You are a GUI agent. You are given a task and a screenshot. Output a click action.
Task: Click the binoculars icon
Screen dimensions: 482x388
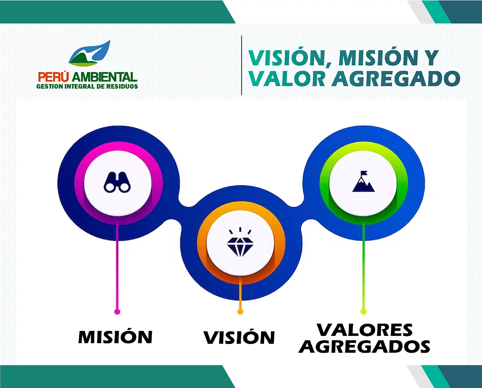(x=117, y=182)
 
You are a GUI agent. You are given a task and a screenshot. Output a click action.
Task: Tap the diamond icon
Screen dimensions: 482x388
(x=240, y=242)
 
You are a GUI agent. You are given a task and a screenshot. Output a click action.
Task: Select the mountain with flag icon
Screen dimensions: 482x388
(x=363, y=181)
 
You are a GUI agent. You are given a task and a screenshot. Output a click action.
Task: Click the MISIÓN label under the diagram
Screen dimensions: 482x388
(x=115, y=336)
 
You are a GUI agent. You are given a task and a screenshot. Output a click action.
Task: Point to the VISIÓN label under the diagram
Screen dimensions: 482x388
(x=239, y=337)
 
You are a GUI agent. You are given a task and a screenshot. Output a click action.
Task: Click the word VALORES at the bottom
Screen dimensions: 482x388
(x=365, y=330)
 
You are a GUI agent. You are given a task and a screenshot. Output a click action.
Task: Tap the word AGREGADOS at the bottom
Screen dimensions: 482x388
(x=364, y=346)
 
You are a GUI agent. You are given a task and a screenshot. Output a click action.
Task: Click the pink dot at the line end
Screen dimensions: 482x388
(x=117, y=312)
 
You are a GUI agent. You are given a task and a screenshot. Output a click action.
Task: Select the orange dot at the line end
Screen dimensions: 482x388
(x=240, y=312)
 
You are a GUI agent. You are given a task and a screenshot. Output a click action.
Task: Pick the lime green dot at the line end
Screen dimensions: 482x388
(x=364, y=312)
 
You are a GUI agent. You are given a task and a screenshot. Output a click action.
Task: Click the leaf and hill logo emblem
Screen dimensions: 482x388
(x=89, y=53)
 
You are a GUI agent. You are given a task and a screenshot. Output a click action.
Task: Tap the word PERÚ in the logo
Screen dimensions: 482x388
(x=53, y=77)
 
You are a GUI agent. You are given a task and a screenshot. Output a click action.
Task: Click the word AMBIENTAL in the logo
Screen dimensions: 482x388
(x=104, y=77)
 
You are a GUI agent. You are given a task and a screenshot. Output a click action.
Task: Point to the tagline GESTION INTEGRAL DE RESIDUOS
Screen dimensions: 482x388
(x=87, y=86)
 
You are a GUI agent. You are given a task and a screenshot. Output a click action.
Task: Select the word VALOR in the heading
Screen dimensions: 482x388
(x=287, y=79)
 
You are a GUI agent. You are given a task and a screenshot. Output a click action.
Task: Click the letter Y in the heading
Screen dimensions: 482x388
(x=431, y=58)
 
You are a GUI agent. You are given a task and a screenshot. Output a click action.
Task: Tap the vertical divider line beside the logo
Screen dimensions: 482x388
(x=241, y=65)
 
